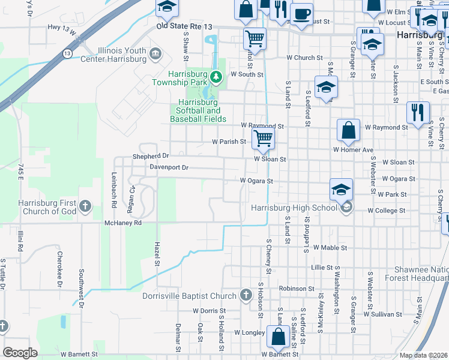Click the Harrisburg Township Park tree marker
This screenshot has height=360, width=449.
pyautogui.click(x=217, y=76)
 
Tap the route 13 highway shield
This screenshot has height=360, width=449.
pyautogui.click(x=63, y=54)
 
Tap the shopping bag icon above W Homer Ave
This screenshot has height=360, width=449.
pyautogui.click(x=348, y=130)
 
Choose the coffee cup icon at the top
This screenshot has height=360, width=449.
pyautogui.click(x=301, y=13)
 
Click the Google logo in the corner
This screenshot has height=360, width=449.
pyautogui.click(x=20, y=353)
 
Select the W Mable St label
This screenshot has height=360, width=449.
pyautogui.click(x=326, y=247)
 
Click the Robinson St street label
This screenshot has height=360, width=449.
pyautogui.click(x=292, y=289)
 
